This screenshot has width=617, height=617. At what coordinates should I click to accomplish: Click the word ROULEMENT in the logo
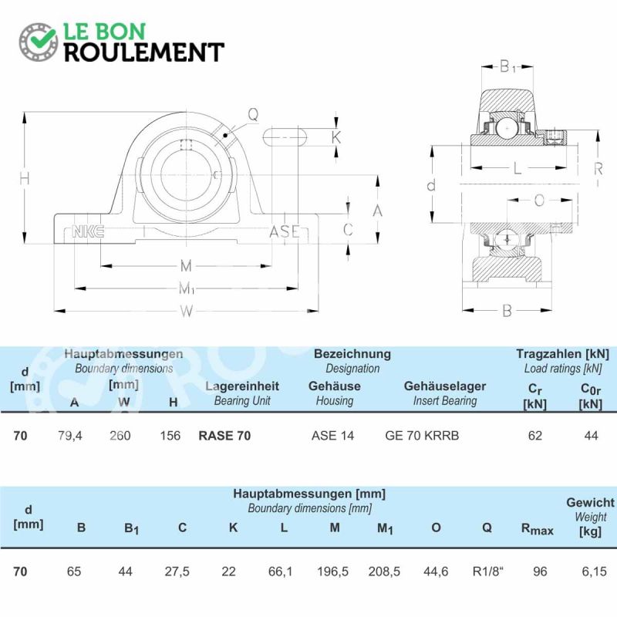point(144,52)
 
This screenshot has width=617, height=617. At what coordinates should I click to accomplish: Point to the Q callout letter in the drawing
point(253,114)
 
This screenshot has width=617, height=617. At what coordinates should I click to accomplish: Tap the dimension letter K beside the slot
point(336,137)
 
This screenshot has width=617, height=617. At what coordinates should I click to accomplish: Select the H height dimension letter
point(25,179)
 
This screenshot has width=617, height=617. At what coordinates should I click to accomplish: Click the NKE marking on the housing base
point(88,232)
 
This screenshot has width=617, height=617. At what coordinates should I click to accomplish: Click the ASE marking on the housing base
point(285,232)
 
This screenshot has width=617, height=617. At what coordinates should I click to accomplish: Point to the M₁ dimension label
point(187,288)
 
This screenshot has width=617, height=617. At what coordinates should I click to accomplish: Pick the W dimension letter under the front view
point(187,312)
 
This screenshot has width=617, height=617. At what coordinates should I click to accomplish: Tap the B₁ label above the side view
point(507,67)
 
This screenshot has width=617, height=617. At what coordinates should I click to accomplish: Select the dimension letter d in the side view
point(431,184)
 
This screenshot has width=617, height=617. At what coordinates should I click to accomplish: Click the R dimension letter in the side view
point(598,169)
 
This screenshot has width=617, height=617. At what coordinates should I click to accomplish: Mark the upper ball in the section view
point(507,128)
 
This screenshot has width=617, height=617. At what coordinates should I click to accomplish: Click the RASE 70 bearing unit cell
point(224,436)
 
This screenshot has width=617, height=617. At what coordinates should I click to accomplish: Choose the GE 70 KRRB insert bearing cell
point(422,436)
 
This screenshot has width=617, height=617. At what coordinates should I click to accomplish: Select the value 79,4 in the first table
point(70,436)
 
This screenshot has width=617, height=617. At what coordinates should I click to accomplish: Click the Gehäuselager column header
point(445,386)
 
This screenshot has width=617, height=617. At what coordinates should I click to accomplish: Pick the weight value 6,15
point(594,571)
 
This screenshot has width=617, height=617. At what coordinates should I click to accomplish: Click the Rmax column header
point(537,529)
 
